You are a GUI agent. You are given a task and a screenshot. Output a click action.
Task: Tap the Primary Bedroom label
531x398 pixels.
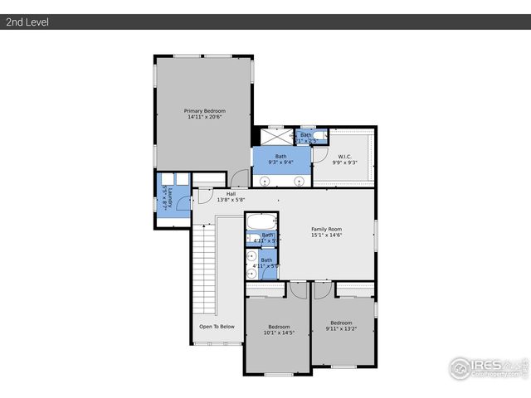(x=204, y=110)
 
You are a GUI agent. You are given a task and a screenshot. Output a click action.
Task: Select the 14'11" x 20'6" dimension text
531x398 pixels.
(x=204, y=117)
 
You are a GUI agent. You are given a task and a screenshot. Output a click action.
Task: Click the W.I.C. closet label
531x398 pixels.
(x=345, y=156)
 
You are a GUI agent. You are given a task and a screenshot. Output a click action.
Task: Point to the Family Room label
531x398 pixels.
(x=326, y=229)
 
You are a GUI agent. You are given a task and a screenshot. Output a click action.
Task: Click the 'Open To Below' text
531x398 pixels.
(x=217, y=327)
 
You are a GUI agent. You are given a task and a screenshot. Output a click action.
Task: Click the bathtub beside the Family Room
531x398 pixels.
(x=260, y=222)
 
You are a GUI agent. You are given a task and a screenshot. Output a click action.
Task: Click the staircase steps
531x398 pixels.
(x=204, y=265)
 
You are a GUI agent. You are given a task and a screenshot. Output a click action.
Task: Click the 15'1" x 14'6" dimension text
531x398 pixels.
(x=326, y=235)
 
